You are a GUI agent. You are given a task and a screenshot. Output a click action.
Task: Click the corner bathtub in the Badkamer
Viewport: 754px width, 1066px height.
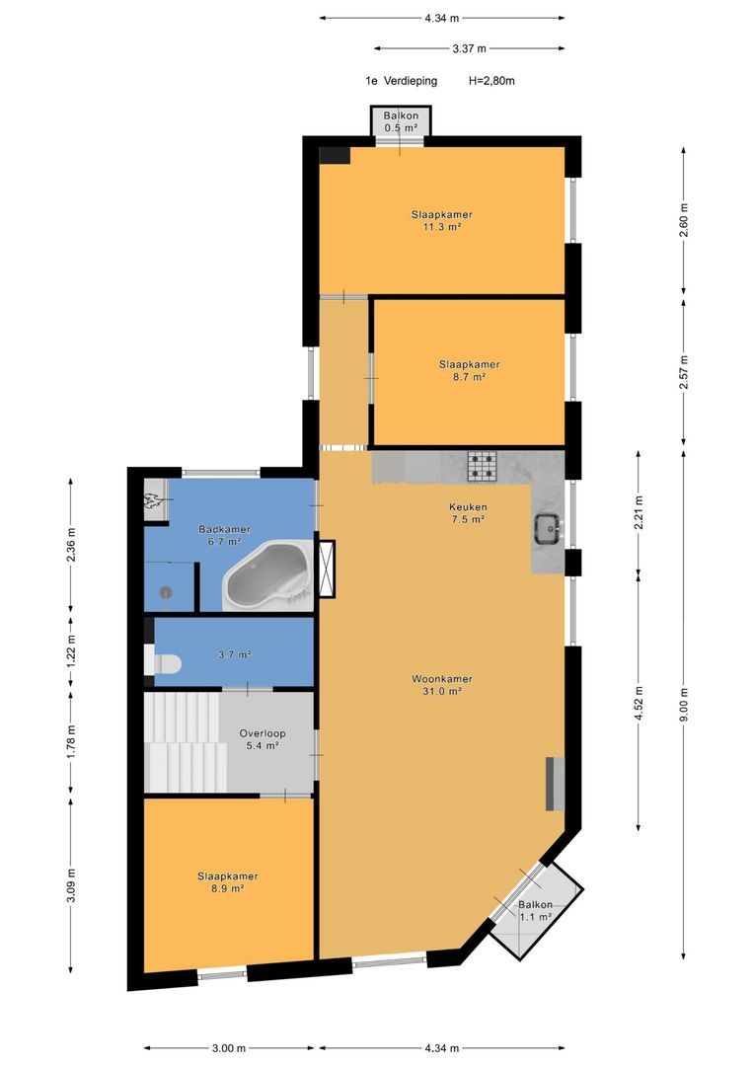[268, 576]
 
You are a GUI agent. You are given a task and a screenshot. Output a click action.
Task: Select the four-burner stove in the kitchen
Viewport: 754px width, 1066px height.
[482, 466]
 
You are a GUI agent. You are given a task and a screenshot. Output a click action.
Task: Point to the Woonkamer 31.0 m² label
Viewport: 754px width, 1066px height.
[442, 685]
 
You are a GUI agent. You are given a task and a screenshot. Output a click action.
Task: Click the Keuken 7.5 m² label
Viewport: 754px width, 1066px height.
[468, 512]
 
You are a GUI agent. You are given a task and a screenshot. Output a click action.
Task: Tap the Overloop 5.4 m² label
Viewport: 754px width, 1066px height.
[263, 739]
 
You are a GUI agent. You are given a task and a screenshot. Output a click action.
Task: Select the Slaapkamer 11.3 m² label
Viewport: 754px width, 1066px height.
[442, 220]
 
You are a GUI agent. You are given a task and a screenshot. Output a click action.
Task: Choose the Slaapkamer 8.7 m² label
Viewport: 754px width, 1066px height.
[469, 370]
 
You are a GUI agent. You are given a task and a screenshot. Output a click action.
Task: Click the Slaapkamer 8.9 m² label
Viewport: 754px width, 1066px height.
[228, 881]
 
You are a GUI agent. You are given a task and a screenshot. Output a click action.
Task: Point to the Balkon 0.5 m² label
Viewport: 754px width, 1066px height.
[401, 121]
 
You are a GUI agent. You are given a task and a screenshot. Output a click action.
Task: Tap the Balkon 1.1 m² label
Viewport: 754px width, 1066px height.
[536, 910]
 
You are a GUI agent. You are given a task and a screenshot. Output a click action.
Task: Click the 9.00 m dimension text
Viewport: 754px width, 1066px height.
[683, 704]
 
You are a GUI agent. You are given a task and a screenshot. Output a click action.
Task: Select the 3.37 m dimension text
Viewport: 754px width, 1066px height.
[469, 48]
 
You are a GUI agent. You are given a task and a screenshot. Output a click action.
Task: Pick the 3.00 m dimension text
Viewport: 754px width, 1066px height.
[228, 1047]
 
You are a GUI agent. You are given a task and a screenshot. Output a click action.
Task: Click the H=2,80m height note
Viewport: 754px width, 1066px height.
[491, 81]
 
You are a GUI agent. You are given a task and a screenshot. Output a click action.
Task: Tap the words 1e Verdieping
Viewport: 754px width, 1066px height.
[401, 81]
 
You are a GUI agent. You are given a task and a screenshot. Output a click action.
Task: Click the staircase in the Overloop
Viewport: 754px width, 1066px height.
[184, 741]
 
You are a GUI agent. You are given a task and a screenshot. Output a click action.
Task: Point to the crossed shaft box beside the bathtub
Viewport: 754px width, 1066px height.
[327, 569]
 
